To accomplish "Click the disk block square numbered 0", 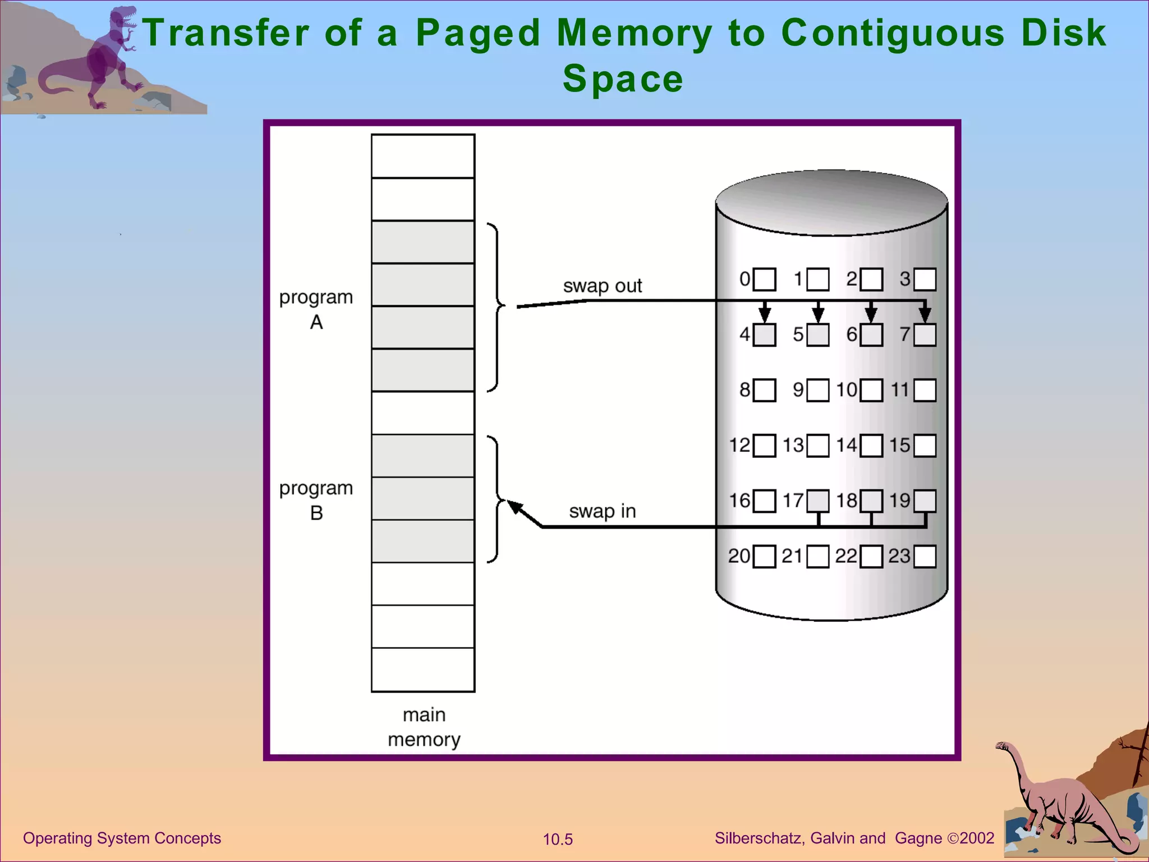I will (x=764, y=279).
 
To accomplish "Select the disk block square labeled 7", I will (x=925, y=335).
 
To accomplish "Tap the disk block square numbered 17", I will (x=817, y=501).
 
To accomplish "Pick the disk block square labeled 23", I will (x=925, y=557).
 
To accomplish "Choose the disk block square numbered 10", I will (x=871, y=390).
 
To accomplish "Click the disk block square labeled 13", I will (x=817, y=446).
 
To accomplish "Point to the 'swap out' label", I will (x=602, y=286).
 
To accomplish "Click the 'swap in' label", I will (x=602, y=511).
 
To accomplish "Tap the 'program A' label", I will (x=316, y=309).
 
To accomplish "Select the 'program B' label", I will (x=316, y=500).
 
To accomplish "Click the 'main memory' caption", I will (x=424, y=727).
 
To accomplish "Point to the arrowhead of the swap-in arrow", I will (x=514, y=507).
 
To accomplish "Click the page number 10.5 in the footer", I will (x=558, y=840).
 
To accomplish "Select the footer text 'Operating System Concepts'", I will (x=122, y=838).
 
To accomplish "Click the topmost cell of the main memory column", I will (x=423, y=156).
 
